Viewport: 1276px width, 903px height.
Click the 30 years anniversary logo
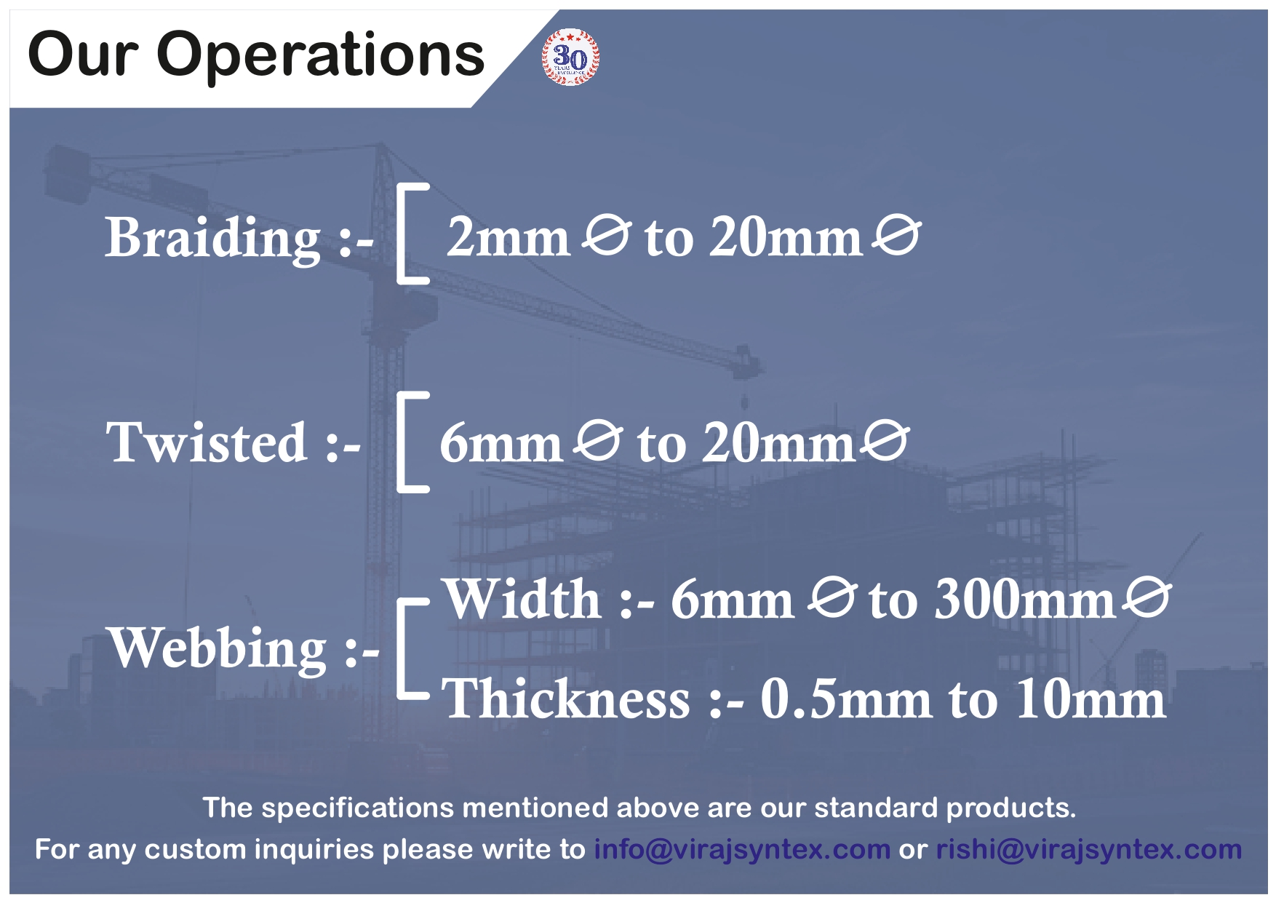[x=571, y=57]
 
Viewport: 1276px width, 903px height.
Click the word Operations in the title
[x=321, y=55]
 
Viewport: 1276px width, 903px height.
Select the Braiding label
[x=212, y=237]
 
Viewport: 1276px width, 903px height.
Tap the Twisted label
[x=207, y=442]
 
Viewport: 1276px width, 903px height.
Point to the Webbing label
[x=217, y=648]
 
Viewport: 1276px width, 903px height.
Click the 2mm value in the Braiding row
[x=507, y=237]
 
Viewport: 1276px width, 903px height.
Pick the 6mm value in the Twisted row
[x=501, y=442]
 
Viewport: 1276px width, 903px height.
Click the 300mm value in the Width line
[x=1024, y=600]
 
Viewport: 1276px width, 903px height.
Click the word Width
[x=522, y=600]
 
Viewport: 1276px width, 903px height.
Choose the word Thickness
[x=566, y=699]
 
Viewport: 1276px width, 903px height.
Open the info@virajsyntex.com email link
[x=742, y=849]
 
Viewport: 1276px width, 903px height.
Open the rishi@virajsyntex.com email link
[x=1088, y=849]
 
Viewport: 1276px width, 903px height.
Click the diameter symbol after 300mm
[x=1147, y=598]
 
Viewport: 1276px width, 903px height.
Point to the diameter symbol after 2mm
[x=607, y=236]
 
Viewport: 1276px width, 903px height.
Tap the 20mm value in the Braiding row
[x=786, y=237]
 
